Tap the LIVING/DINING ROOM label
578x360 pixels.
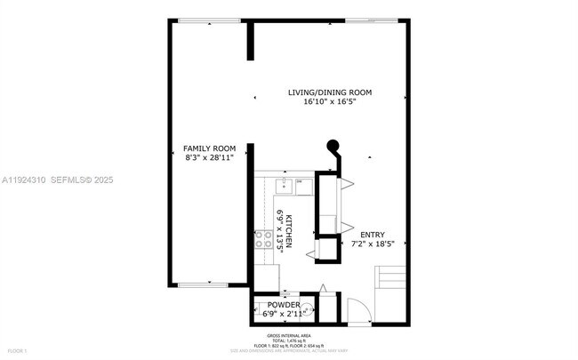(x=329, y=92)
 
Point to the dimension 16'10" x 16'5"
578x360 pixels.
(x=329, y=102)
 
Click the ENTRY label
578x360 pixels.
(x=373, y=234)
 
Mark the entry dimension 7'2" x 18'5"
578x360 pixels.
(x=373, y=244)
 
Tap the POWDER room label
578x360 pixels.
(x=284, y=305)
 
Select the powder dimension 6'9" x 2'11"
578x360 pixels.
(x=284, y=314)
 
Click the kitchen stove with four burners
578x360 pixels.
(x=264, y=237)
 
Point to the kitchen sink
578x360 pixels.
(x=284, y=186)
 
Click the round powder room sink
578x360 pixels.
(x=304, y=311)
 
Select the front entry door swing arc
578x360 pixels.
(x=355, y=310)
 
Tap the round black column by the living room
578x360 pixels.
(x=333, y=147)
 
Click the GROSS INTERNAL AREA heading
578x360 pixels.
(x=290, y=334)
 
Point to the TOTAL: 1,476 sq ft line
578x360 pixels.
(x=290, y=340)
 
